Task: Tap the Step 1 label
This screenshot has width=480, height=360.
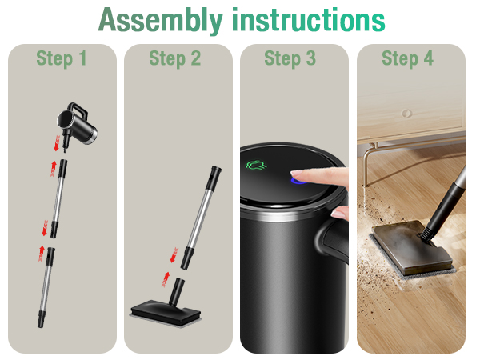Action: coord(62,58)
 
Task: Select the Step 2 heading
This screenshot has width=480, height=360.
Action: coord(175,58)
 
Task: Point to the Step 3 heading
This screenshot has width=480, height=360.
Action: coord(291,58)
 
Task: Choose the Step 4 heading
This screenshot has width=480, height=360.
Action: coord(408,58)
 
